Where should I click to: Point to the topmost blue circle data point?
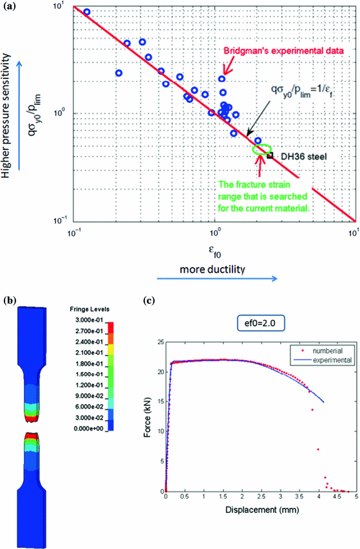(x=87, y=12)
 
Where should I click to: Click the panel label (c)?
(x=147, y=299)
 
